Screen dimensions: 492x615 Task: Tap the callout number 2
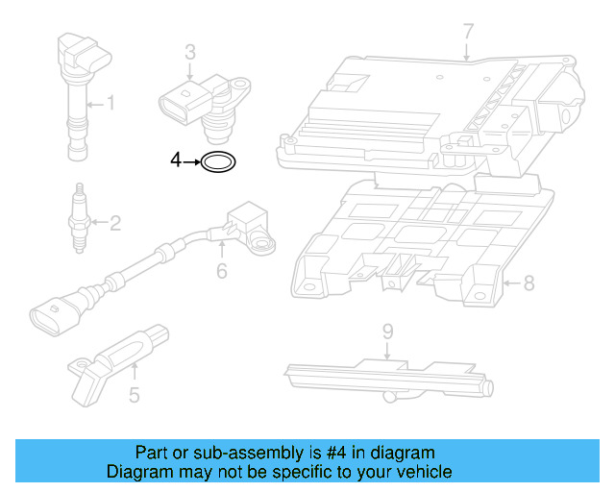click(114, 224)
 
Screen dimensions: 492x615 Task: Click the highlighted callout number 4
click(176, 161)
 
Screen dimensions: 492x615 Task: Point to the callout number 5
click(135, 393)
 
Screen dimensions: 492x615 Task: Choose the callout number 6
click(221, 271)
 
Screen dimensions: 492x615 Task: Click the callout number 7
click(468, 32)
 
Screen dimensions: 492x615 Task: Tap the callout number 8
click(528, 283)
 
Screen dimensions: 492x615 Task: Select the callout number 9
click(387, 332)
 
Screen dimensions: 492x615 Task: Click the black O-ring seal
click(219, 163)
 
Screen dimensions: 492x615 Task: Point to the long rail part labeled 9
click(384, 376)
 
